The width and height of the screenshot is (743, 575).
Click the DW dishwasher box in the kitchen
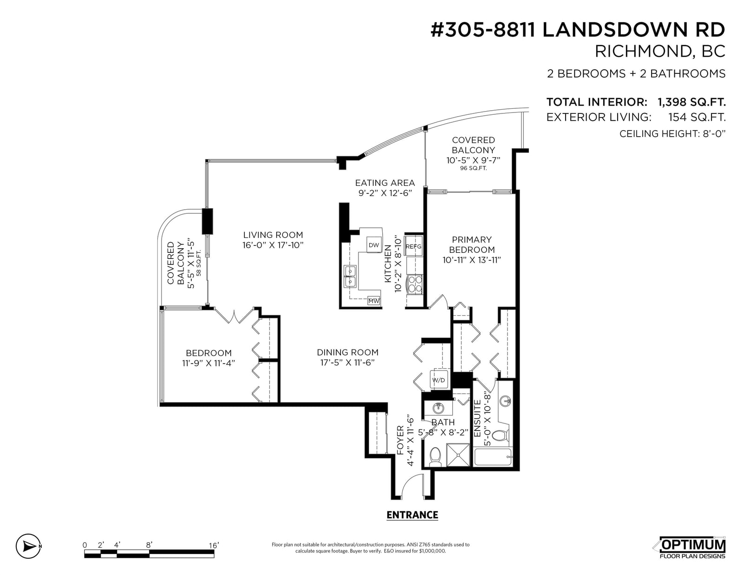pyautogui.click(x=374, y=245)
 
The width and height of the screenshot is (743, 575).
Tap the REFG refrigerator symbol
pyautogui.click(x=413, y=246)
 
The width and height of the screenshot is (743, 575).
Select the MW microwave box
pyautogui.click(x=374, y=300)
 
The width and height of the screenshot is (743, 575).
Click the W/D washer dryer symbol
pyautogui.click(x=439, y=380)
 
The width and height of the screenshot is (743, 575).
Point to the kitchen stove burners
pyautogui.click(x=415, y=285)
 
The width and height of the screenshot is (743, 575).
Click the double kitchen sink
pyautogui.click(x=350, y=276)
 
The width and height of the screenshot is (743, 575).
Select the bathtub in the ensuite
pyautogui.click(x=493, y=457)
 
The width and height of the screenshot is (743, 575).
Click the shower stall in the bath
pyautogui.click(x=458, y=455)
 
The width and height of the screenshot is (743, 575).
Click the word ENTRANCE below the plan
pyautogui.click(x=412, y=515)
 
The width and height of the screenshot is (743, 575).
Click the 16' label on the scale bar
pyautogui.click(x=214, y=545)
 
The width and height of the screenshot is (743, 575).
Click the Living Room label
pyautogui.click(x=273, y=235)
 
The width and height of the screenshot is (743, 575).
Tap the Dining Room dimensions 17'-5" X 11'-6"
pyautogui.click(x=347, y=363)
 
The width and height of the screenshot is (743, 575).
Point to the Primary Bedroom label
pyautogui.click(x=472, y=245)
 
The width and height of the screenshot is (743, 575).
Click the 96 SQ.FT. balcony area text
pyautogui.click(x=473, y=168)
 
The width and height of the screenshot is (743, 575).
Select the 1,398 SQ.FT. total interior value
pyautogui.click(x=691, y=102)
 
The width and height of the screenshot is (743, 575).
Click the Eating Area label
pyautogui.click(x=385, y=183)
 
